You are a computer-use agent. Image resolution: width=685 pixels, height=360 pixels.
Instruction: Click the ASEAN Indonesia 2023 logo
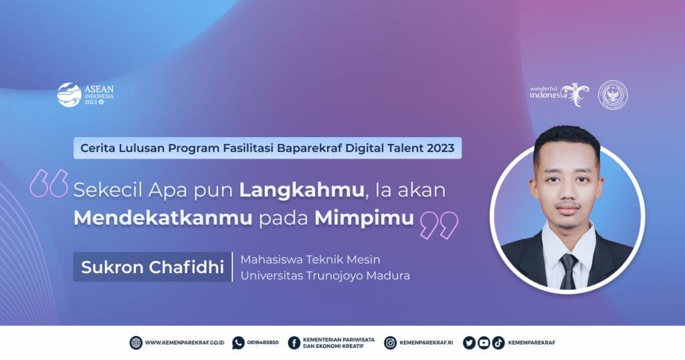pos(86,95)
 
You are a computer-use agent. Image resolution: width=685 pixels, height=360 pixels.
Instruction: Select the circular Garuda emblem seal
pos(613,94)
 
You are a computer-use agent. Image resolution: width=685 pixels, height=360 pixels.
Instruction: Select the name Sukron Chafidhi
pos(153,267)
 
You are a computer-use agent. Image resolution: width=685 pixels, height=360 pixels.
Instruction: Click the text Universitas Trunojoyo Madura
pos(324,275)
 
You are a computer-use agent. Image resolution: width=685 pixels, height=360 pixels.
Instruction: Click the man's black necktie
pos(568,271)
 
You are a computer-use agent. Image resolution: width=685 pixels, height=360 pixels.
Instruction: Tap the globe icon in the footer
pos(136,343)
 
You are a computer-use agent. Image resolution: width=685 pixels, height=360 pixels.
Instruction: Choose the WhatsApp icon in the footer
pos(238,343)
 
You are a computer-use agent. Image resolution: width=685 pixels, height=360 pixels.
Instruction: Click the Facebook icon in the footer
pos(294,343)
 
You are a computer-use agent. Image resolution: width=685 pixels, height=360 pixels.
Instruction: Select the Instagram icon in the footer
pos(390,343)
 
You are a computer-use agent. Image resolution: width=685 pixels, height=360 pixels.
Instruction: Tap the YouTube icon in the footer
pos(484,343)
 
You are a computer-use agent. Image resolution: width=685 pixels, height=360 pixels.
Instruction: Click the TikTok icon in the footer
pos(498,343)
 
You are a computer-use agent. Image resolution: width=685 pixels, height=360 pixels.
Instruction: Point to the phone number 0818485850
pos(263,343)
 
